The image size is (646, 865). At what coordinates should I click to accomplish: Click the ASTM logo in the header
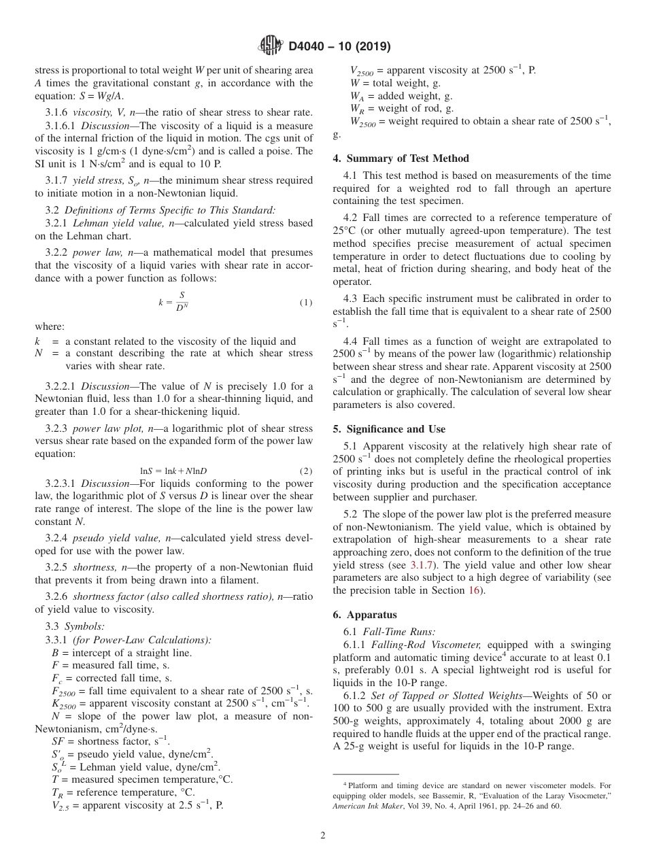pos(272,47)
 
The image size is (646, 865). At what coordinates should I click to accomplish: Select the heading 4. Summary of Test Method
pos(401,158)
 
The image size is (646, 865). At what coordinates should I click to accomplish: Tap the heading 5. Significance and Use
pos(389,429)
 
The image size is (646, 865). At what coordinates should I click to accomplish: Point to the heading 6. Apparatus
pos(364,615)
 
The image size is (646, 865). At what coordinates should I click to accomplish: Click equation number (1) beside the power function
pos(305,302)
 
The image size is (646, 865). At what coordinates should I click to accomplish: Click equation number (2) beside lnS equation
pos(305,471)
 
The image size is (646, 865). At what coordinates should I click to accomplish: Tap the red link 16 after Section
pos(474,590)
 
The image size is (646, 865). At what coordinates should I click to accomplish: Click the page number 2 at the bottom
pos(323,835)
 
